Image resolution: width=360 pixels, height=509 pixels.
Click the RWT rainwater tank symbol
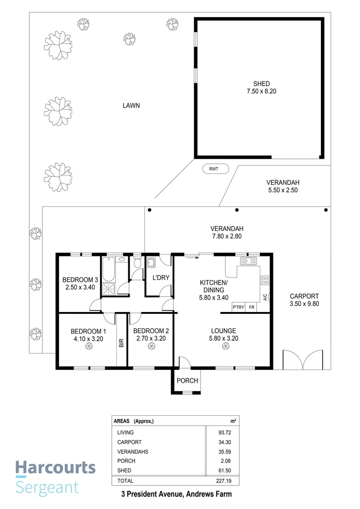click(x=215, y=169)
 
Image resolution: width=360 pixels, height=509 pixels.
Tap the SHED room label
click(x=261, y=84)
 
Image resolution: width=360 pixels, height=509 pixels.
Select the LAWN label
click(x=131, y=106)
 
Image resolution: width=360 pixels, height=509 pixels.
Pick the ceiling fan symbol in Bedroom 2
click(x=151, y=347)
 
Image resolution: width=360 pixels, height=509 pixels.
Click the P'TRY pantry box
click(x=238, y=308)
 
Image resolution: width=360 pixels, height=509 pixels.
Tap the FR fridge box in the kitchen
click(x=252, y=308)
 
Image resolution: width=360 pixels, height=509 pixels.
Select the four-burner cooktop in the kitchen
click(x=265, y=281)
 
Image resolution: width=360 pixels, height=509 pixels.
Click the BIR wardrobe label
click(x=121, y=343)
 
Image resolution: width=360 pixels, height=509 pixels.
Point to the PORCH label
click(x=187, y=381)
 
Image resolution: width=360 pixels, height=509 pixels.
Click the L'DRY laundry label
click(x=160, y=278)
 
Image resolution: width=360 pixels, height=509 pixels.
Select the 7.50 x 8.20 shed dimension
click(x=261, y=91)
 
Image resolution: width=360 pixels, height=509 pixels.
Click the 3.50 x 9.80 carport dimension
click(x=304, y=304)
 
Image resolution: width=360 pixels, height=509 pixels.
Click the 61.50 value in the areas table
click(x=224, y=470)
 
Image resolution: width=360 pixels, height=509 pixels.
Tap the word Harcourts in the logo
click(x=55, y=468)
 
